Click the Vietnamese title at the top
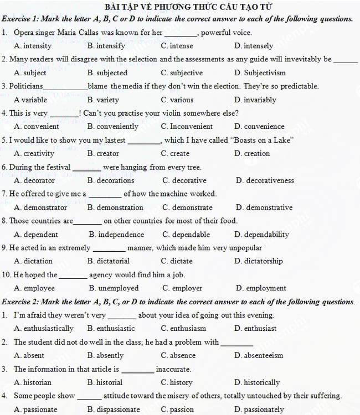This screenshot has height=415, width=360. (180, 7)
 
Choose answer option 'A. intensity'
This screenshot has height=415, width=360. (33, 46)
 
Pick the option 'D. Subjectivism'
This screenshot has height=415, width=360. (260, 72)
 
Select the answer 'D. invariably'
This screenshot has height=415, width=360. (255, 100)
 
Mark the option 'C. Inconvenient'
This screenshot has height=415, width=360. (187, 126)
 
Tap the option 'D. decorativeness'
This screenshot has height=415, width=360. (265, 180)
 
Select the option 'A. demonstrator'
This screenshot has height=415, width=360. (40, 207)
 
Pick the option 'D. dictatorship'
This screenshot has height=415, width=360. (258, 261)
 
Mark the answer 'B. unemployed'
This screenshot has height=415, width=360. (114, 288)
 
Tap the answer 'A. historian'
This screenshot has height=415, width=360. (33, 382)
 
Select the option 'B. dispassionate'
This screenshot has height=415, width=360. (114, 409)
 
